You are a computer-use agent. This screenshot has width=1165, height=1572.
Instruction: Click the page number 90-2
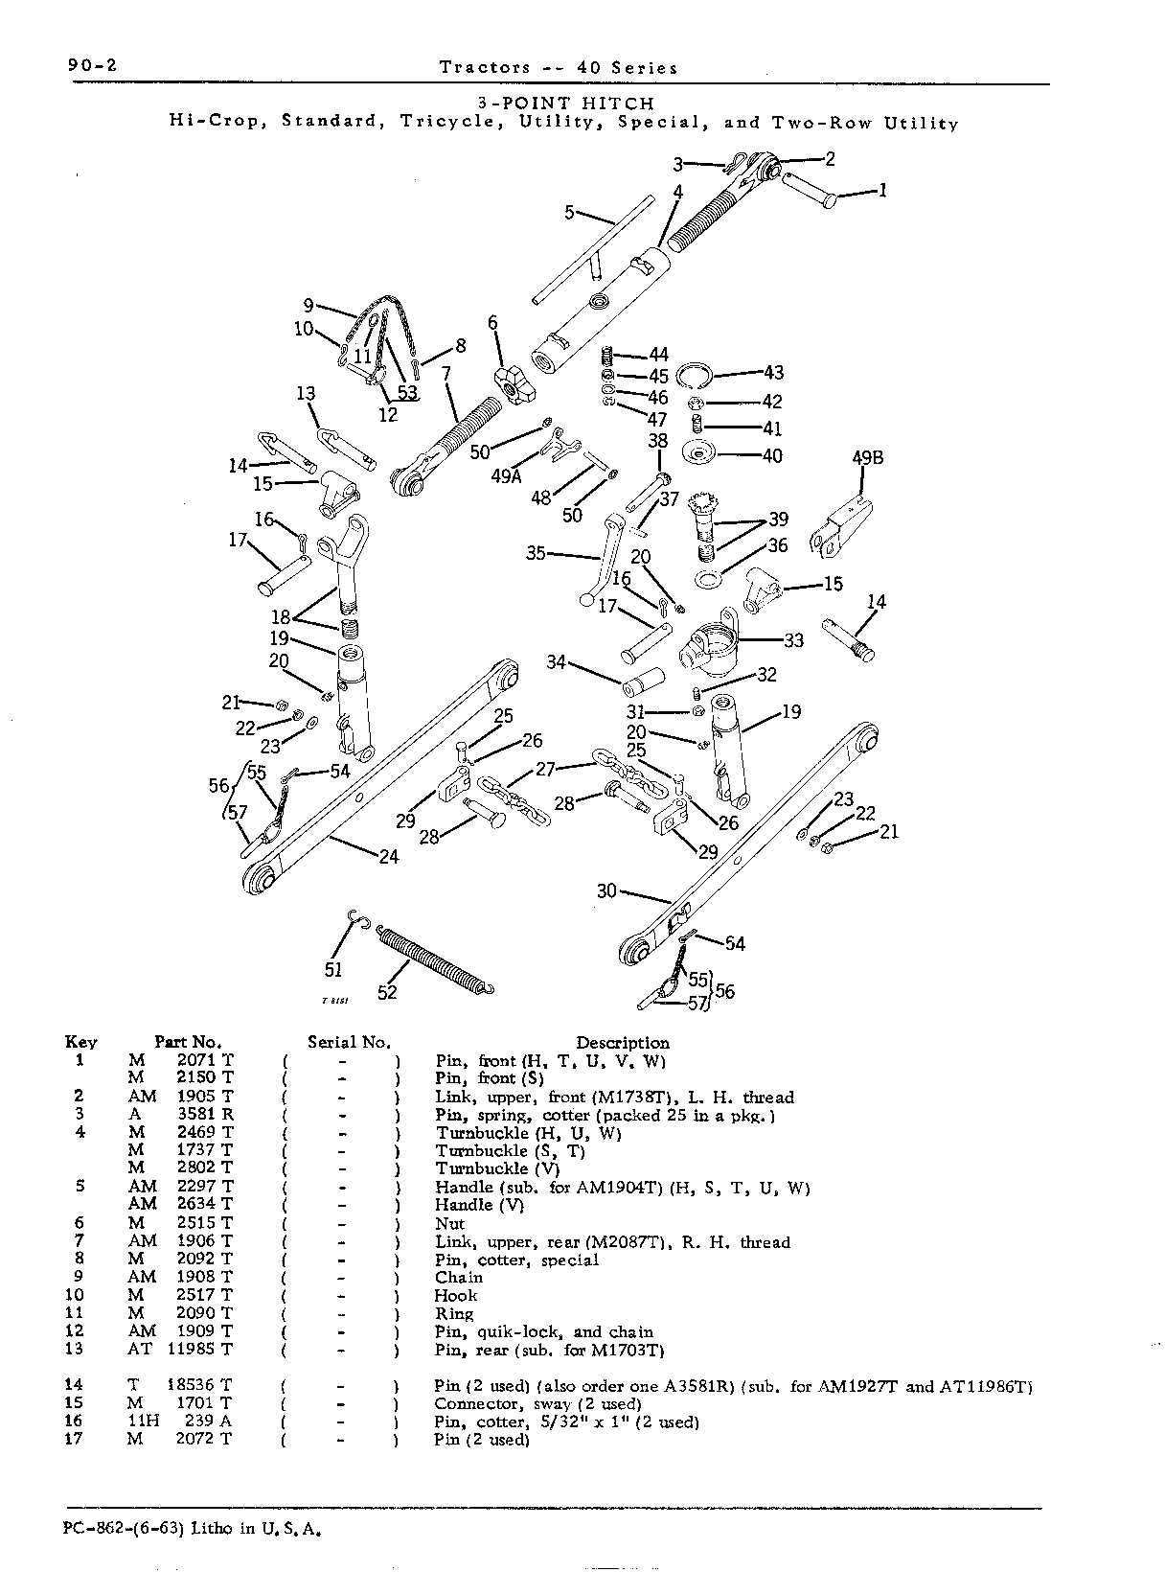(x=92, y=66)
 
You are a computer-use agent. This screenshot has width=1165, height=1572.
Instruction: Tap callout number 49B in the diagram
(x=867, y=458)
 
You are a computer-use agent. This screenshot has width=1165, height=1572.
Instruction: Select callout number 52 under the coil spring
(x=387, y=993)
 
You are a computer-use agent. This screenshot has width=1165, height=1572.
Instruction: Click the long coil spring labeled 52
(x=434, y=960)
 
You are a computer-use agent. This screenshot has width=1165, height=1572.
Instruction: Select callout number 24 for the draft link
(x=389, y=857)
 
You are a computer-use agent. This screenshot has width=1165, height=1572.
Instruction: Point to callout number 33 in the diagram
(x=793, y=640)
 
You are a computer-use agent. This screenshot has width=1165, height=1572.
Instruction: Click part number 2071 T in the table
(x=205, y=1061)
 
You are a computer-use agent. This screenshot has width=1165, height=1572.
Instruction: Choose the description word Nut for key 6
(x=449, y=1224)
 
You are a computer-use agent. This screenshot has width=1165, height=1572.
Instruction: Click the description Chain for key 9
(x=459, y=1278)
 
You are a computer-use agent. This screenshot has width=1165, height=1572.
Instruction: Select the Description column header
(x=622, y=1043)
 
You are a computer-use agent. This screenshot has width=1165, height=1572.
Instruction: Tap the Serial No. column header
(x=350, y=1043)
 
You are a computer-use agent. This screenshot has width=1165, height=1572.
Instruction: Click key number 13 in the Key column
(x=74, y=1349)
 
